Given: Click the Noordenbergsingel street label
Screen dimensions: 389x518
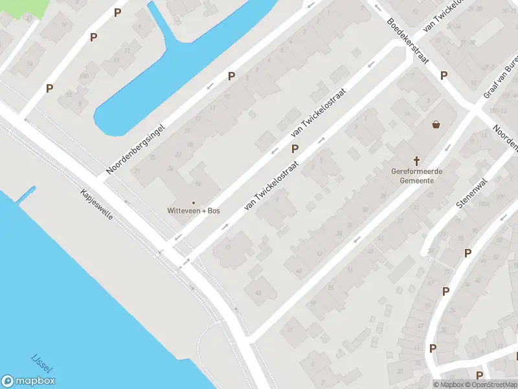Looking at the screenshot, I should click(136, 148).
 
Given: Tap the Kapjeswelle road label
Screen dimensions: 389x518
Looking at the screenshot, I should click(97, 205).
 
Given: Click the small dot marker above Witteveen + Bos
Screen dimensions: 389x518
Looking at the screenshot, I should click(193, 202).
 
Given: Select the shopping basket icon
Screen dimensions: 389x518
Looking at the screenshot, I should click(436, 124).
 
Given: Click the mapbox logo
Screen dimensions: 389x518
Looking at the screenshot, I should click(28, 381).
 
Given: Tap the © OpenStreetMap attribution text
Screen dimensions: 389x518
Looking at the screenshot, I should click(492, 384).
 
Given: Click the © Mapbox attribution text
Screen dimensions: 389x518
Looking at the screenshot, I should click(448, 384).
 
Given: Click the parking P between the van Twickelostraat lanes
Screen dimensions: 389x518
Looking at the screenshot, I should click(295, 148).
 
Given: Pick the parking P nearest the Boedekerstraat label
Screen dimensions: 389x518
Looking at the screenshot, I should click(444, 75).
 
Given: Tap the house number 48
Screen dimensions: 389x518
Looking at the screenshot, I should click(258, 294).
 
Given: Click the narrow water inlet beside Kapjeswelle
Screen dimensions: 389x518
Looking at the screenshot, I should click(27, 194).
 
